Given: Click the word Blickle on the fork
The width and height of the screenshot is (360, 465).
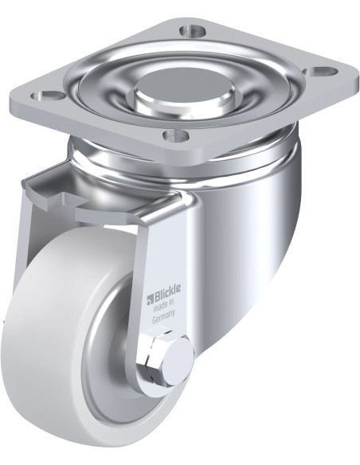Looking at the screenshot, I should tap(166, 299).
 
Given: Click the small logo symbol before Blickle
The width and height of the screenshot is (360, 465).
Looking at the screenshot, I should tap(148, 300).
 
